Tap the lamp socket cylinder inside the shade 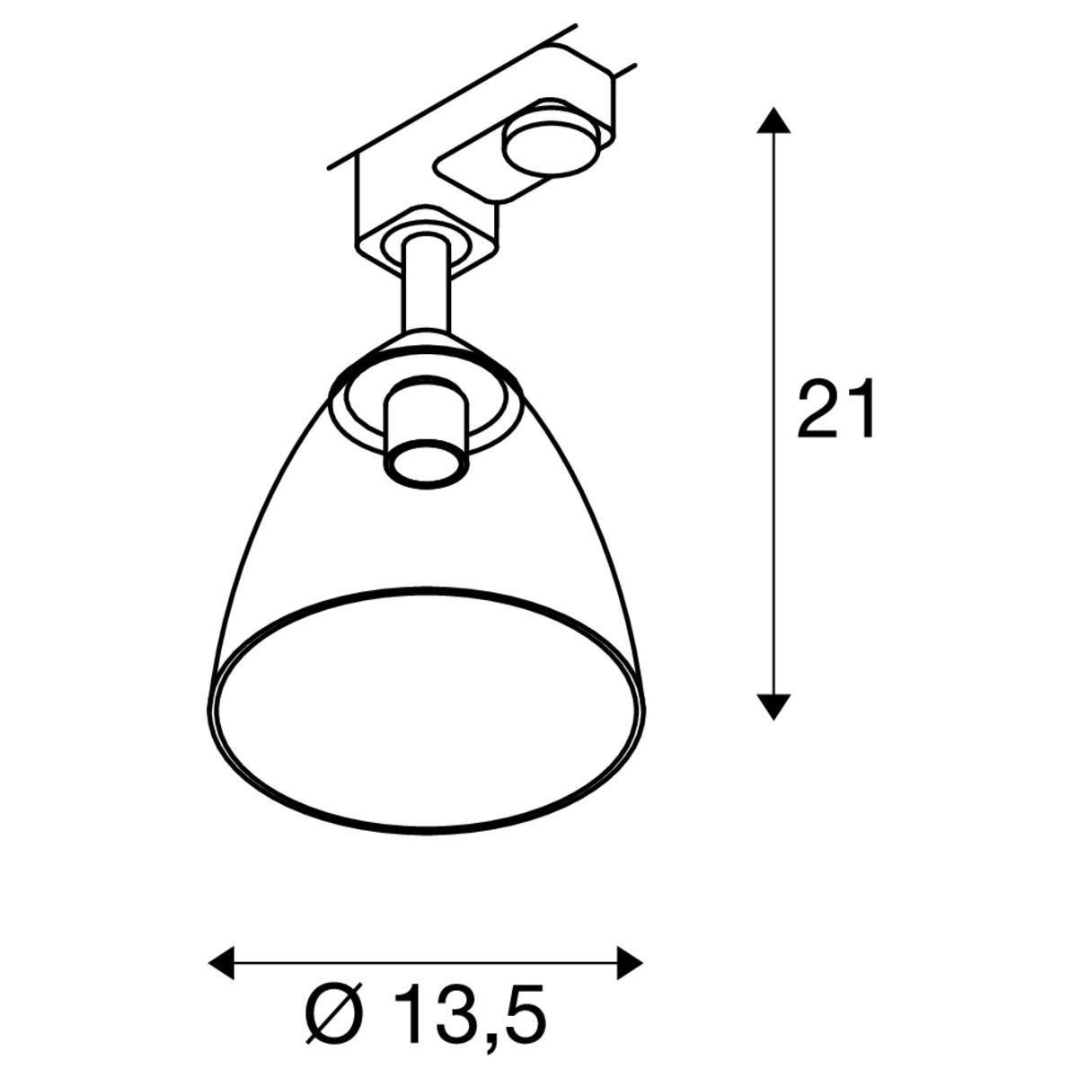click(x=425, y=434)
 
